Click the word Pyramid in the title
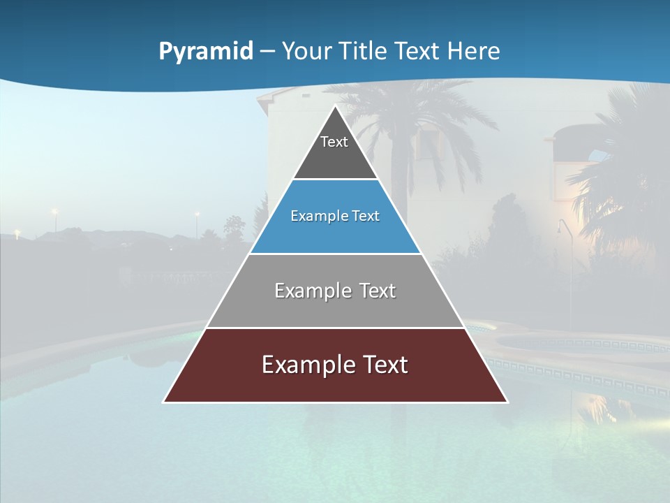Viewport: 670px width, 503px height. point(205,51)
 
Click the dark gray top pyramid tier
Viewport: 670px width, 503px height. point(335,154)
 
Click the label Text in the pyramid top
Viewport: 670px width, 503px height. point(334,142)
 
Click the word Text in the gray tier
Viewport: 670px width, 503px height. point(373,291)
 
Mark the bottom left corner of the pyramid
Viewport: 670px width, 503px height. point(164,402)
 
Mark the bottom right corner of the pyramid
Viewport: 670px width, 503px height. point(507,402)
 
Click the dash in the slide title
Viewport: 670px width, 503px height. point(267,51)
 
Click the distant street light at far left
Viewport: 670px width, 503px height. point(54,211)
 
